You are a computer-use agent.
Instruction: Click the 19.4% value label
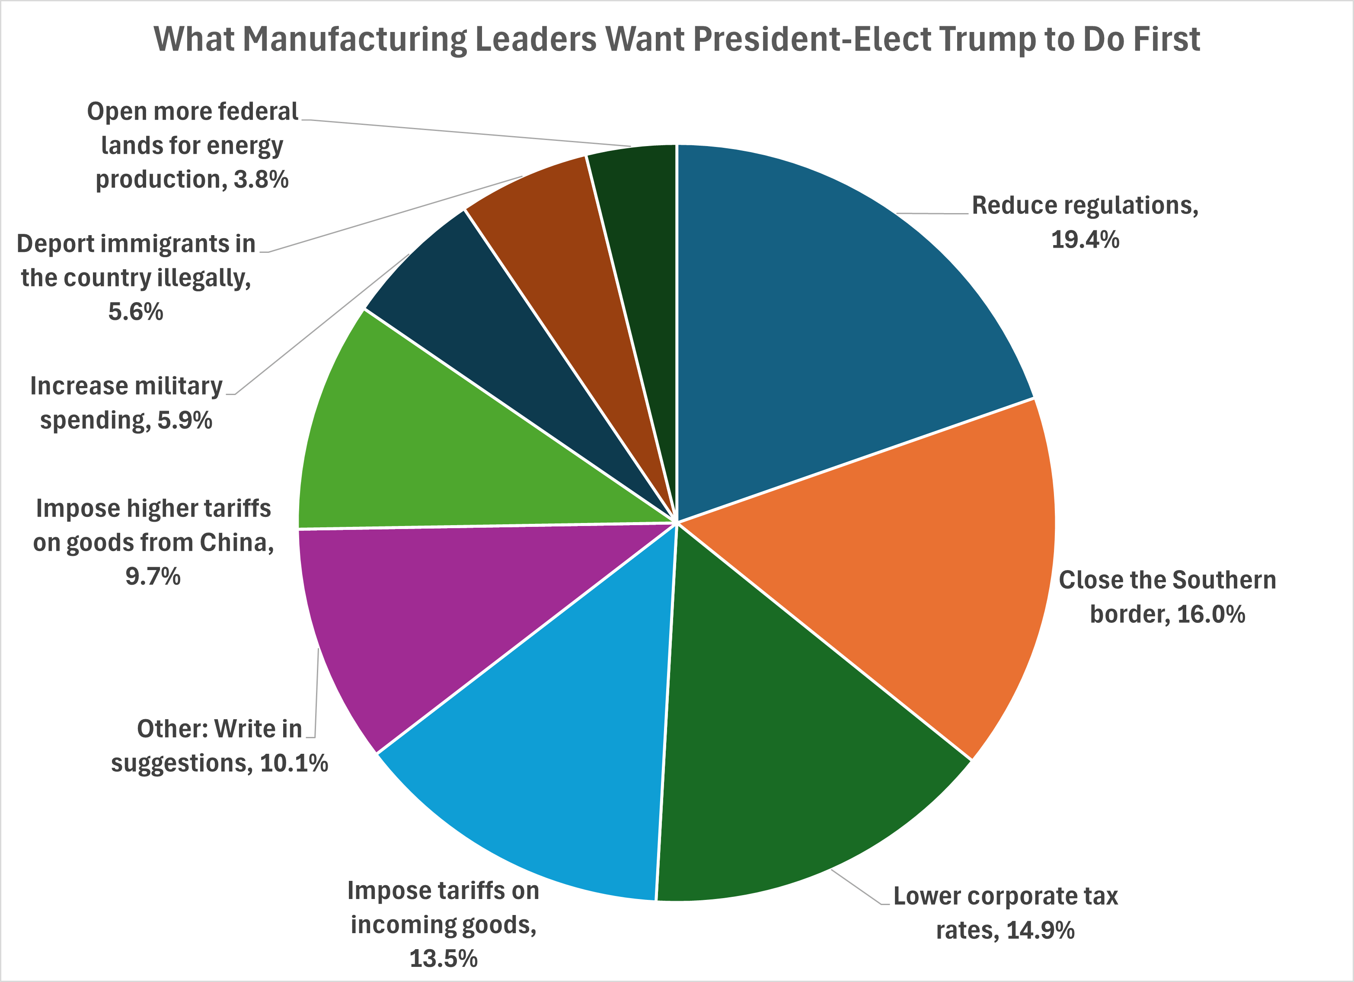pos(1085,240)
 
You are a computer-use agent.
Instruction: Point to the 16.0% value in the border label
pos(1211,614)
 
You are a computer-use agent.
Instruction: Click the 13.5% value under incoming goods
pos(443,959)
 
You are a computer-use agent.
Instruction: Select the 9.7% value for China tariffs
pos(153,577)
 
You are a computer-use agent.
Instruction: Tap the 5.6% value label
pos(135,312)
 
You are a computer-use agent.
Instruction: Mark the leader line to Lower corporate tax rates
pos(857,888)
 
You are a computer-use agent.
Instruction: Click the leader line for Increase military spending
pos(323,323)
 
